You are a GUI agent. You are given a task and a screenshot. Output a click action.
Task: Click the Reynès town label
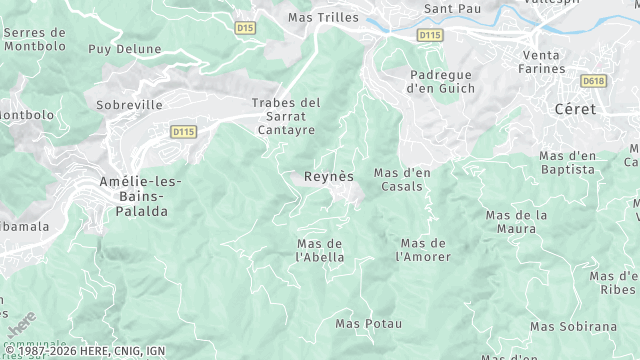point(329,176)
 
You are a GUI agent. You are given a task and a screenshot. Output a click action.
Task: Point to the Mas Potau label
point(368,323)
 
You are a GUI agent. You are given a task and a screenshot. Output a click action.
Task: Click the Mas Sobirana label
point(573,326)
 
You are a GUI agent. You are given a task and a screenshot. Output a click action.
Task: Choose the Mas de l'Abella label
point(320,250)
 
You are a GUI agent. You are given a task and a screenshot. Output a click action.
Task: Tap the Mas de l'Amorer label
point(423,250)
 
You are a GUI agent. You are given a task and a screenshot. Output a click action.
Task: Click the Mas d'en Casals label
point(402,180)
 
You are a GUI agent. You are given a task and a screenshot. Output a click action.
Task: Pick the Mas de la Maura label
point(516,222)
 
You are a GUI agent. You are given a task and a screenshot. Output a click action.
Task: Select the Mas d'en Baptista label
point(567,162)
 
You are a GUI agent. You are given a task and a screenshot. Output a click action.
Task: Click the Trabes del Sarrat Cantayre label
point(286,116)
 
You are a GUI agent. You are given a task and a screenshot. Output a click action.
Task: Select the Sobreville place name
point(128,104)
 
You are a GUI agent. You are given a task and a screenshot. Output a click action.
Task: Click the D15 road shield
point(246,28)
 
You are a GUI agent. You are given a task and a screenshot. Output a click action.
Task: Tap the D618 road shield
point(593,80)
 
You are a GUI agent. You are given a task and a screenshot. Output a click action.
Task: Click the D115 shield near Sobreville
point(183,131)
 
